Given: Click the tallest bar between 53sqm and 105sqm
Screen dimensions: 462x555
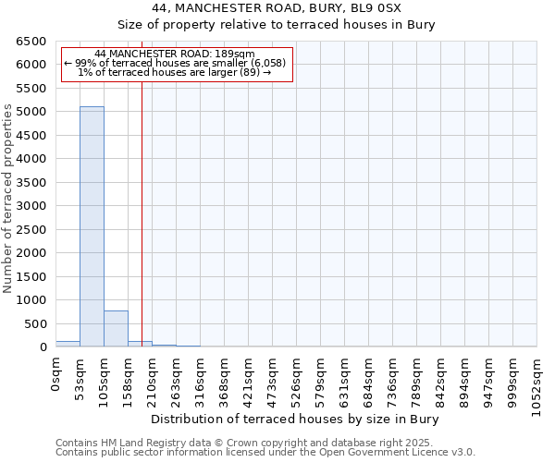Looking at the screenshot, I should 92,226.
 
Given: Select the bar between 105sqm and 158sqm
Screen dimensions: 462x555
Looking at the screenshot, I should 116,329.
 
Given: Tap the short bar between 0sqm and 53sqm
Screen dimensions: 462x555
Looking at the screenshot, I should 68,344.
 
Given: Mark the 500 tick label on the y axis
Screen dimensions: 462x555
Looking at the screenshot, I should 38,323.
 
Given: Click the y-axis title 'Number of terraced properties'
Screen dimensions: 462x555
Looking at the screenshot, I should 9,199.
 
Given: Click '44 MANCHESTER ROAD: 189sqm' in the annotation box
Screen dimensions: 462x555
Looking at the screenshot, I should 176,55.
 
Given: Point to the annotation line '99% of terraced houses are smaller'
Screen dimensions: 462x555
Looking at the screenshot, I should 176,63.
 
